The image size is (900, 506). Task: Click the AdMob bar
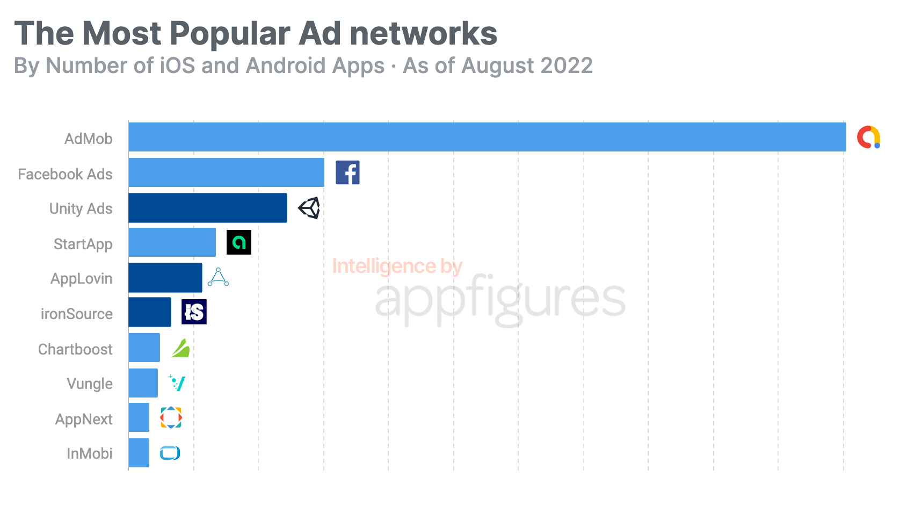[x=487, y=137]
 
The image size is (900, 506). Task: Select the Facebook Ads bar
[x=226, y=172]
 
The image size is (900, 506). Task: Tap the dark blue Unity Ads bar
[x=207, y=208]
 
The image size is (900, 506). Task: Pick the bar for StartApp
[x=172, y=242]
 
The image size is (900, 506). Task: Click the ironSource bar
[x=149, y=312]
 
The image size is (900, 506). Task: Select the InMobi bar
[x=139, y=453]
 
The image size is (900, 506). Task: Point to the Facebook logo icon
[x=347, y=172]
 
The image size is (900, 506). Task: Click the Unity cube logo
[x=309, y=208]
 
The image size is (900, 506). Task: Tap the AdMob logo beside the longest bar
[x=868, y=137]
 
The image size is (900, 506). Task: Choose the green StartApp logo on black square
[x=238, y=242]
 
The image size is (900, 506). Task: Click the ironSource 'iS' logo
[x=194, y=312]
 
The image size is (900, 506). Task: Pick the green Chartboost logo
[x=180, y=348]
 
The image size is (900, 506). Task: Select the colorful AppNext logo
[x=171, y=417]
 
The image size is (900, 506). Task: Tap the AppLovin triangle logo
[x=218, y=277]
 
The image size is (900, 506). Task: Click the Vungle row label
[x=89, y=384]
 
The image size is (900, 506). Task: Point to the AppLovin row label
[x=81, y=279]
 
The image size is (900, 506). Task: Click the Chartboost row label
[x=75, y=349]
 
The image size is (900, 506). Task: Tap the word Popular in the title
[x=230, y=33]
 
